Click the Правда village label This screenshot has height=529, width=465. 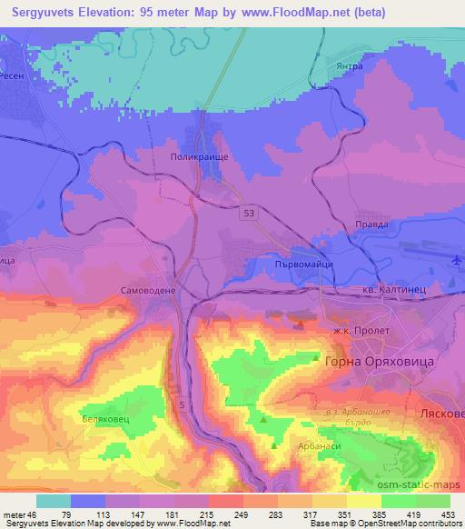pyautogui.click(x=372, y=224)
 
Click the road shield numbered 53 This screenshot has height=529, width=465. pyautogui.click(x=249, y=211)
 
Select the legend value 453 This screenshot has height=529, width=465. pyautogui.click(x=448, y=515)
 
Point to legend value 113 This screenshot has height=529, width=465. pyautogui.click(x=106, y=515)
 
